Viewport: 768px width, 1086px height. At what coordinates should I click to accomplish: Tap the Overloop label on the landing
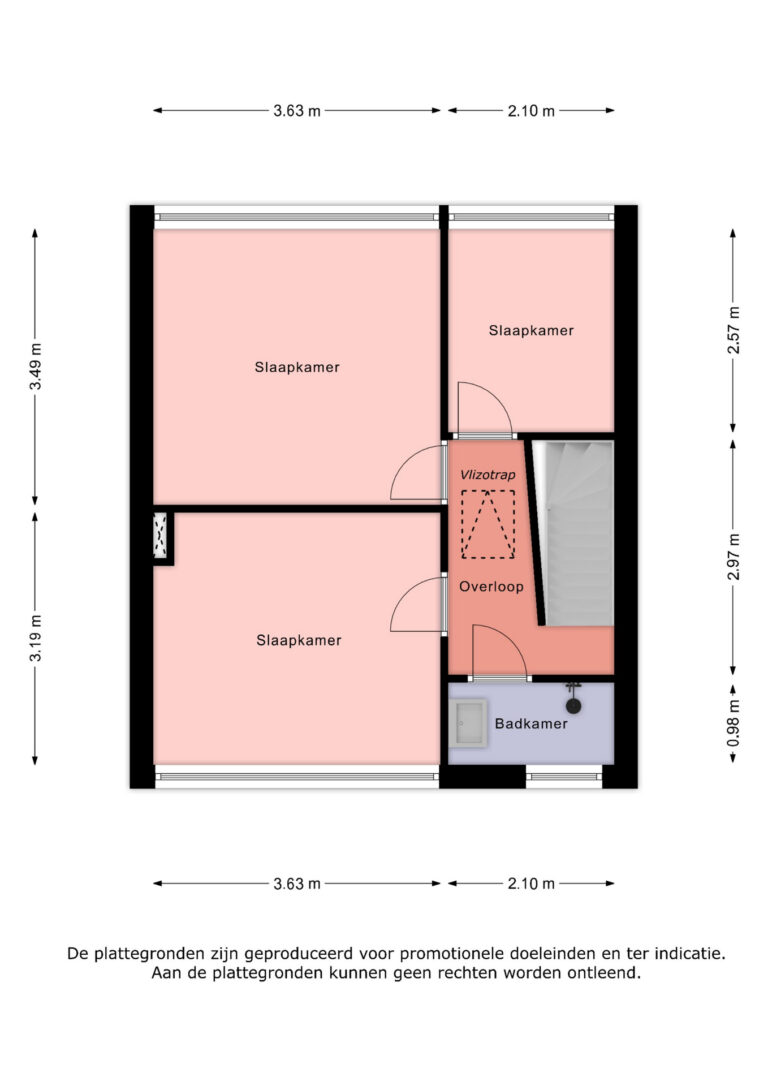(x=491, y=587)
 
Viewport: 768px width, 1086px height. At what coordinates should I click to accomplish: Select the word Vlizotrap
(x=488, y=475)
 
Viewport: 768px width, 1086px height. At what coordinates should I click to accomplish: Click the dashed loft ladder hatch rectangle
(x=488, y=524)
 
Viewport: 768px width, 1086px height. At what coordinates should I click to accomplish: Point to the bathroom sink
(x=467, y=722)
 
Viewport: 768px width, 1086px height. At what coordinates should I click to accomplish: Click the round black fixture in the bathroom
(x=573, y=704)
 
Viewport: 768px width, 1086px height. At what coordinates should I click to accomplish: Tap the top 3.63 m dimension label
(x=297, y=111)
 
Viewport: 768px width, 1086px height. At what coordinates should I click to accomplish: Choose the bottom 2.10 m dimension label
(x=530, y=883)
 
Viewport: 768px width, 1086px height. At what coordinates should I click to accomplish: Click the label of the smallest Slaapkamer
(x=531, y=330)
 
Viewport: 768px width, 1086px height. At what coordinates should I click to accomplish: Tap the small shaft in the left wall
(x=160, y=537)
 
